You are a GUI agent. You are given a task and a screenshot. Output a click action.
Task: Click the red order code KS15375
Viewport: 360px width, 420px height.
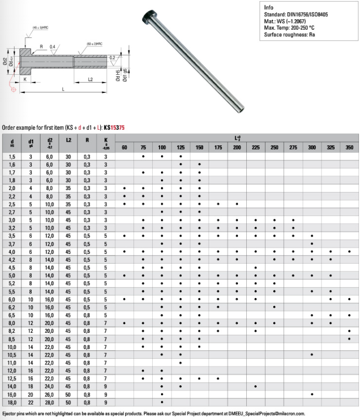[114, 127]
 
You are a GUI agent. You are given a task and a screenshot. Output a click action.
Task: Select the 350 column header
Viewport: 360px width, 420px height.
[349, 148]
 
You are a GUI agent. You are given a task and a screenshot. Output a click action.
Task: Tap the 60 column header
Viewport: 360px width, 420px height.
[124, 148]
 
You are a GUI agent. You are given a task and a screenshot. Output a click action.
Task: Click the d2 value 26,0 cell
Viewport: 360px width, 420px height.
[50, 395]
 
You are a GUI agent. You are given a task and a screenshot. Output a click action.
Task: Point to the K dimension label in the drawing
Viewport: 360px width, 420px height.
[25, 79]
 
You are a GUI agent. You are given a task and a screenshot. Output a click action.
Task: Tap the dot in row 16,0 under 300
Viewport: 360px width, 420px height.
[312, 395]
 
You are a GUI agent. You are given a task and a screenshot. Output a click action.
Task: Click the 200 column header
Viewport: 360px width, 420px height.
[237, 148]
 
